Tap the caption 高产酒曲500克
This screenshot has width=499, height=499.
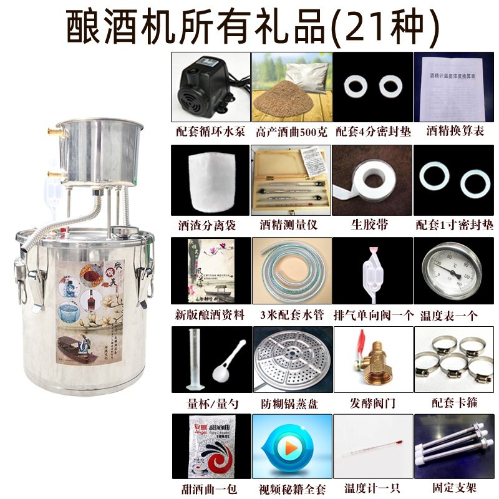point(290,132)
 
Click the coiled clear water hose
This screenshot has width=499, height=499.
point(291,272)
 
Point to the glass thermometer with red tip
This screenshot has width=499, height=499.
point(372,447)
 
